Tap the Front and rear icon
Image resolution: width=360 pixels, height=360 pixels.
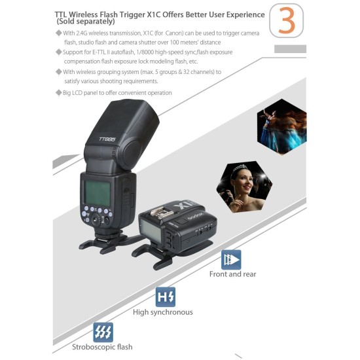coord(230,260)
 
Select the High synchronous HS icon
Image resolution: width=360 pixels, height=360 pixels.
coord(166,298)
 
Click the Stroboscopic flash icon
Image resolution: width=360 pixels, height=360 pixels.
coord(103,333)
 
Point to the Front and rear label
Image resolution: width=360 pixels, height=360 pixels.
coord(233,274)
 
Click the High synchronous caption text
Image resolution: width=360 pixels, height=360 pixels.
coord(163,312)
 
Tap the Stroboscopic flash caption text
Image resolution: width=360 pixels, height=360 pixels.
coord(103,347)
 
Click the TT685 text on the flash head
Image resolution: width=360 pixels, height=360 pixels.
coord(107,139)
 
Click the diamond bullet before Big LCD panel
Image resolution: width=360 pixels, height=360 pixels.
coord(58,93)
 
